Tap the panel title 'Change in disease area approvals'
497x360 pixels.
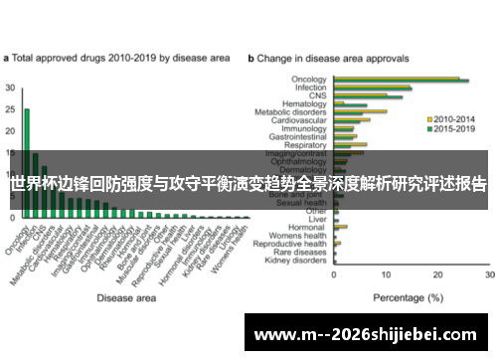(339, 59)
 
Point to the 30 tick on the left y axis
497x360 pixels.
(10, 88)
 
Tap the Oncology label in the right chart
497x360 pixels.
(310, 80)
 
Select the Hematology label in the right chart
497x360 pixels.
(306, 103)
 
